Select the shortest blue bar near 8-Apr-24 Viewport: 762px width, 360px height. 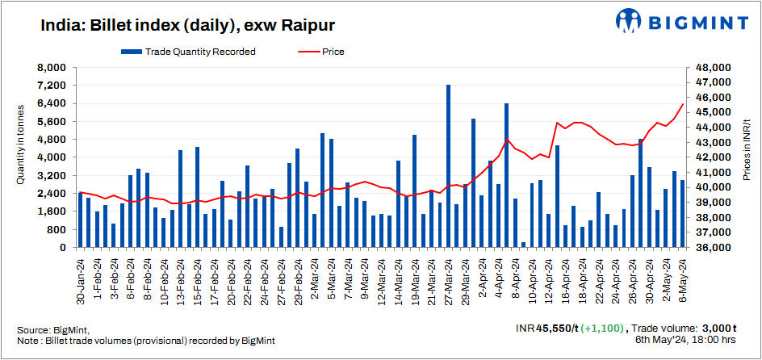[523, 245]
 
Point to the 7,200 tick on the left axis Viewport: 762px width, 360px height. [53, 86]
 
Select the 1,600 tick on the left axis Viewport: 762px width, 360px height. [53, 211]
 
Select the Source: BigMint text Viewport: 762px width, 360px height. [53, 330]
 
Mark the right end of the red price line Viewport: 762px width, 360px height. [683, 104]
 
